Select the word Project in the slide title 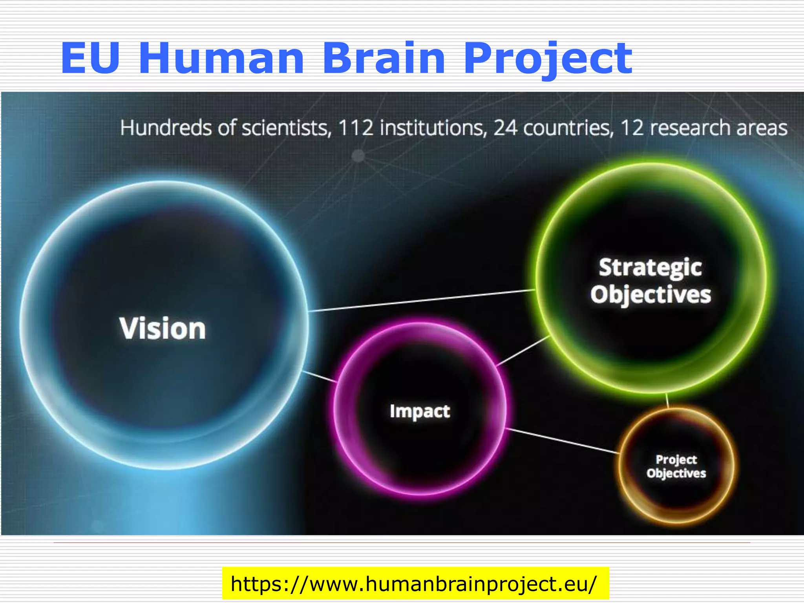(x=548, y=59)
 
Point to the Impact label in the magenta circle (x=420, y=411)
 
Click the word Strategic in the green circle (x=650, y=267)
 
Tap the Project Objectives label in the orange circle (x=676, y=466)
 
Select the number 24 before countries (x=505, y=128)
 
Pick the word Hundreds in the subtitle (x=166, y=128)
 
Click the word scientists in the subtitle (x=286, y=128)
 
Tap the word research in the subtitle (x=689, y=128)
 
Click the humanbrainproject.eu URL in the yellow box (x=415, y=584)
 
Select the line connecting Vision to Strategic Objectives (x=422, y=301)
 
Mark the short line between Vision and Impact (x=320, y=376)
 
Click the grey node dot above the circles (x=358, y=156)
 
